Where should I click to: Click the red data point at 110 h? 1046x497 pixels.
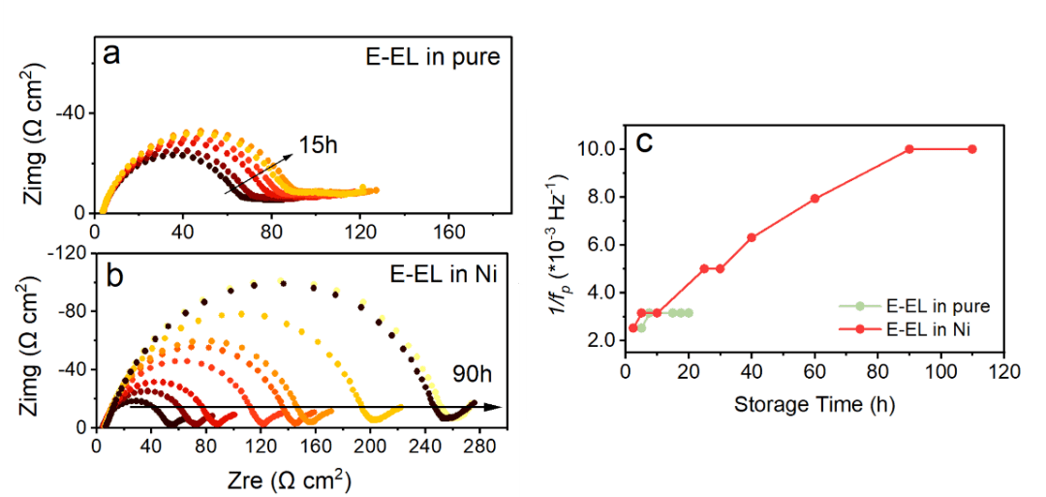(x=972, y=149)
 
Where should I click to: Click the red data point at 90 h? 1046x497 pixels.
(x=909, y=149)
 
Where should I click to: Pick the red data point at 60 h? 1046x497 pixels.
(x=815, y=199)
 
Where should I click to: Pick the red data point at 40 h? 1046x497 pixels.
(x=752, y=237)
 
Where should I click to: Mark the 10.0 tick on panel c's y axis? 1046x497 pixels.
(x=596, y=149)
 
